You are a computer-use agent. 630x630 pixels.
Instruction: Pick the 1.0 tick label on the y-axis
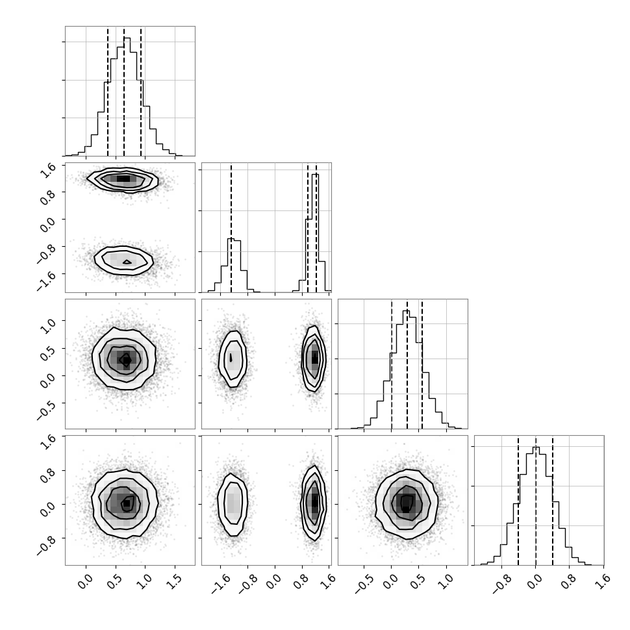coord(49,325)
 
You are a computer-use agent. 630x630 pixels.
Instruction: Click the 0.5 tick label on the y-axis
coord(49,352)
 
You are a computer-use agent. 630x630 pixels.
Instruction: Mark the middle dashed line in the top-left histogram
coord(124,92)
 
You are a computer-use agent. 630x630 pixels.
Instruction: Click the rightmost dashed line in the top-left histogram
coord(141,92)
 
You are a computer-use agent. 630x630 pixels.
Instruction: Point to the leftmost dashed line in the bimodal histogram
coord(231,228)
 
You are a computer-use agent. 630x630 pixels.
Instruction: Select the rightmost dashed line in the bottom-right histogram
coord(553,501)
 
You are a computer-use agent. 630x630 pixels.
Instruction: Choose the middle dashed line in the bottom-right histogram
coord(536,501)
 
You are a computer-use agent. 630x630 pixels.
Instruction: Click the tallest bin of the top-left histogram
coord(127,96)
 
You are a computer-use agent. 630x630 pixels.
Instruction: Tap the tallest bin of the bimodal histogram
coord(316,233)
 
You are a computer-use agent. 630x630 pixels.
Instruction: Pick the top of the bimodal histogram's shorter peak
coord(231,239)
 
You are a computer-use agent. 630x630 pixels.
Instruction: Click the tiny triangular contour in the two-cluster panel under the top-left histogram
coord(127,262)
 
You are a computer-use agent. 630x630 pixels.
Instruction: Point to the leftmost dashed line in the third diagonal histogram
coord(392,364)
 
